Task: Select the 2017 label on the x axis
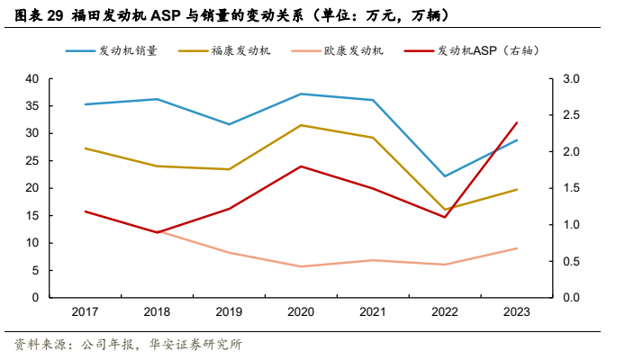pos(85,310)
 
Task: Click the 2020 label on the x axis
pos(301,310)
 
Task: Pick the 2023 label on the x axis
pos(516,310)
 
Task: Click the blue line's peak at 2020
pos(301,94)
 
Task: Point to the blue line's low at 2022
pos(444,176)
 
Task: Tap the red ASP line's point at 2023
pos(516,122)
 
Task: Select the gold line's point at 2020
pos(301,125)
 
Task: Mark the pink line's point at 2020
pos(301,266)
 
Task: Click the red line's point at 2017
pos(85,211)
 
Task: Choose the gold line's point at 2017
pos(85,148)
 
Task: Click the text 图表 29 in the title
pos(41,16)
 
